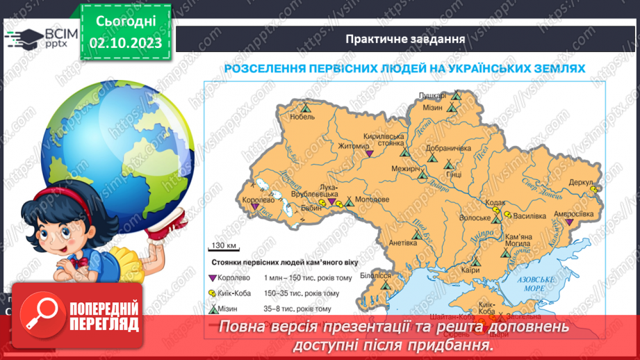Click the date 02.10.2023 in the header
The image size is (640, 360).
click(x=125, y=42)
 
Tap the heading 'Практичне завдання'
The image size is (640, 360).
click(x=405, y=38)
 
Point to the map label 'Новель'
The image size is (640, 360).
click(x=302, y=117)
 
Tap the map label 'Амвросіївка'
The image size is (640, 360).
click(x=572, y=215)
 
